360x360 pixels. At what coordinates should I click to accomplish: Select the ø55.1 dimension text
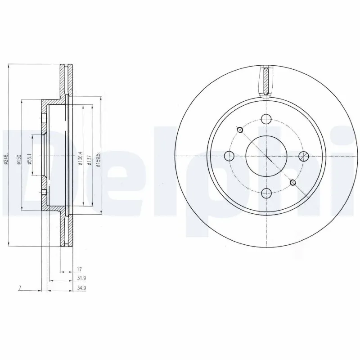tap(29, 160)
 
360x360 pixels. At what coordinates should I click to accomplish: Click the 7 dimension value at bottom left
tap(20, 287)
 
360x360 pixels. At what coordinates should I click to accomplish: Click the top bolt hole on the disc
tap(266, 119)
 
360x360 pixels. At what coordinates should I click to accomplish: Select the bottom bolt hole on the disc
tap(266, 193)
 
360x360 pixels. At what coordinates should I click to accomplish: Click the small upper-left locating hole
tap(240, 130)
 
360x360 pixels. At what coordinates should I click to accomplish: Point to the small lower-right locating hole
tap(293, 182)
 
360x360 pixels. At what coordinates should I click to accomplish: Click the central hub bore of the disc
tap(266, 156)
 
